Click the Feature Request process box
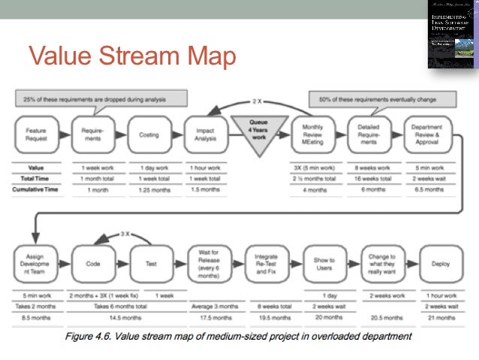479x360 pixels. click(x=35, y=135)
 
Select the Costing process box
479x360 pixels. click(x=149, y=135)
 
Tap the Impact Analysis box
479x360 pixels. click(x=204, y=135)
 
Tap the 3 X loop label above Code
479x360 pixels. click(x=126, y=235)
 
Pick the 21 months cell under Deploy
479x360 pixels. click(x=441, y=317)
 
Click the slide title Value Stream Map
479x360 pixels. click(x=132, y=56)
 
